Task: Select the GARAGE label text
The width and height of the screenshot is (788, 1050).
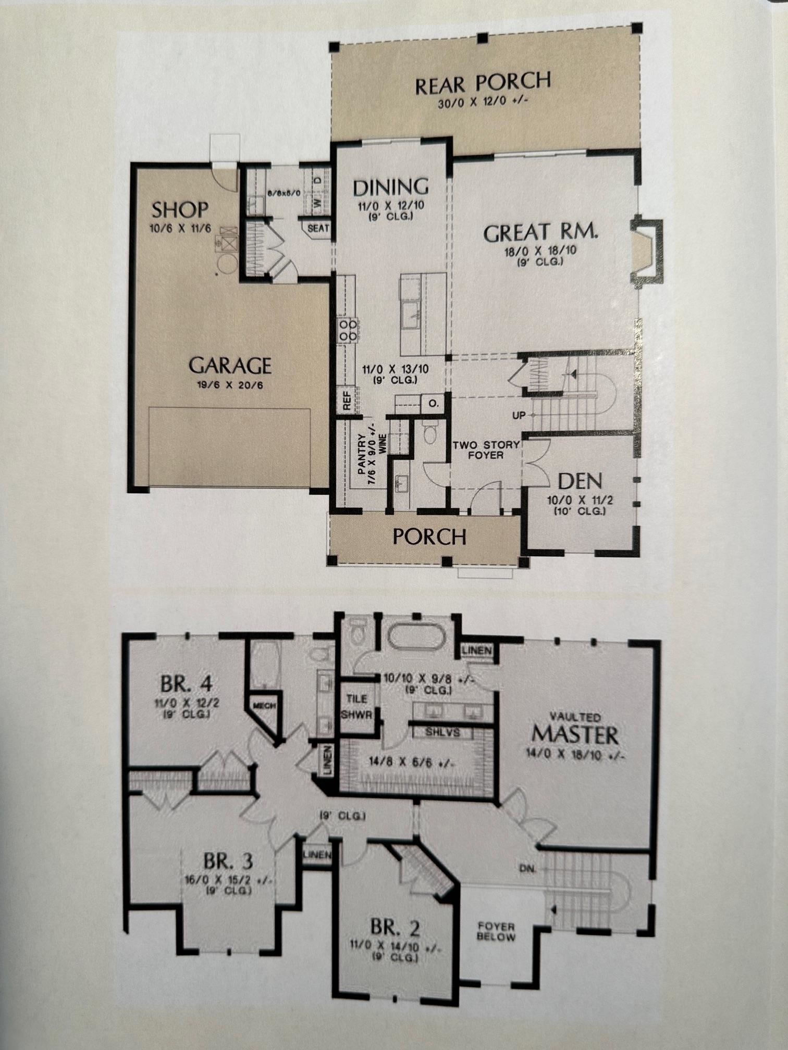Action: tap(230, 365)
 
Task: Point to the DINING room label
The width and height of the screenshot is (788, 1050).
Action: tap(390, 186)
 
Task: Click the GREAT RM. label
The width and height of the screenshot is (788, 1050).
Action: tap(540, 232)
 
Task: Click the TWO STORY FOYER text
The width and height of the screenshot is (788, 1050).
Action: tap(486, 450)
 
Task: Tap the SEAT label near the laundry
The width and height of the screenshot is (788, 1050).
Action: tap(318, 228)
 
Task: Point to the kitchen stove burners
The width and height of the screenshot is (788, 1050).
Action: tap(348, 330)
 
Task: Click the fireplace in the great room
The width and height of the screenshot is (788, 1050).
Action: tap(645, 253)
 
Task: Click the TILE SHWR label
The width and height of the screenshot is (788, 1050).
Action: tap(356, 706)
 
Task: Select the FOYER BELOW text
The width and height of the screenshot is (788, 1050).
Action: tap(496, 932)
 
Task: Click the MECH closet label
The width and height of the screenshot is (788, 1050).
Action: tap(264, 706)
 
